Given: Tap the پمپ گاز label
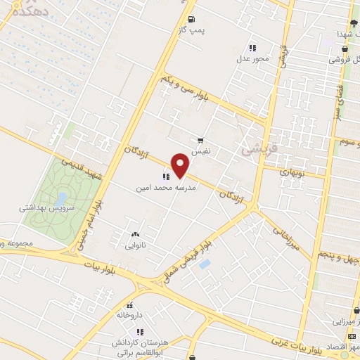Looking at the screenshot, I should [x=192, y=32].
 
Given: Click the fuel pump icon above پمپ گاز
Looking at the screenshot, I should [x=192, y=19].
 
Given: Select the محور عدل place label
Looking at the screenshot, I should [x=252, y=59].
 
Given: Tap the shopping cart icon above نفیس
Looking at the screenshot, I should [x=202, y=140].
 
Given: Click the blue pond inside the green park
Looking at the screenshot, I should [x=61, y=198].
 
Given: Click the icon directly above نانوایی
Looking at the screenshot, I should [x=135, y=234].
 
